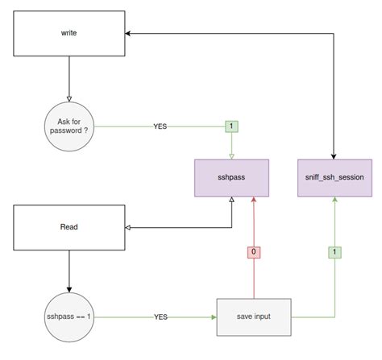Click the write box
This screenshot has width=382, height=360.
69,34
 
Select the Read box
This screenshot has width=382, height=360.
69,227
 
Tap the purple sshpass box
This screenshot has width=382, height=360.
232,178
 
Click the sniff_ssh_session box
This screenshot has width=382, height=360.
334,178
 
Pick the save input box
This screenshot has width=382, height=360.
254,317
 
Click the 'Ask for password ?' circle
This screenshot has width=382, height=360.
69,126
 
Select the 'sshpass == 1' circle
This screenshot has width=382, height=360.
69,317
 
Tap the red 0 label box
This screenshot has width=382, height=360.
254,251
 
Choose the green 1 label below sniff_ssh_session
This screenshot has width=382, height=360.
334,251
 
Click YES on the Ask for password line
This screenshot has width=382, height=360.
160,126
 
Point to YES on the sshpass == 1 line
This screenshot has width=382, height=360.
160,317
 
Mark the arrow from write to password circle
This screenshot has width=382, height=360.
69,81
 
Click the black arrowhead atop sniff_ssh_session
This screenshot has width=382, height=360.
334,155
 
